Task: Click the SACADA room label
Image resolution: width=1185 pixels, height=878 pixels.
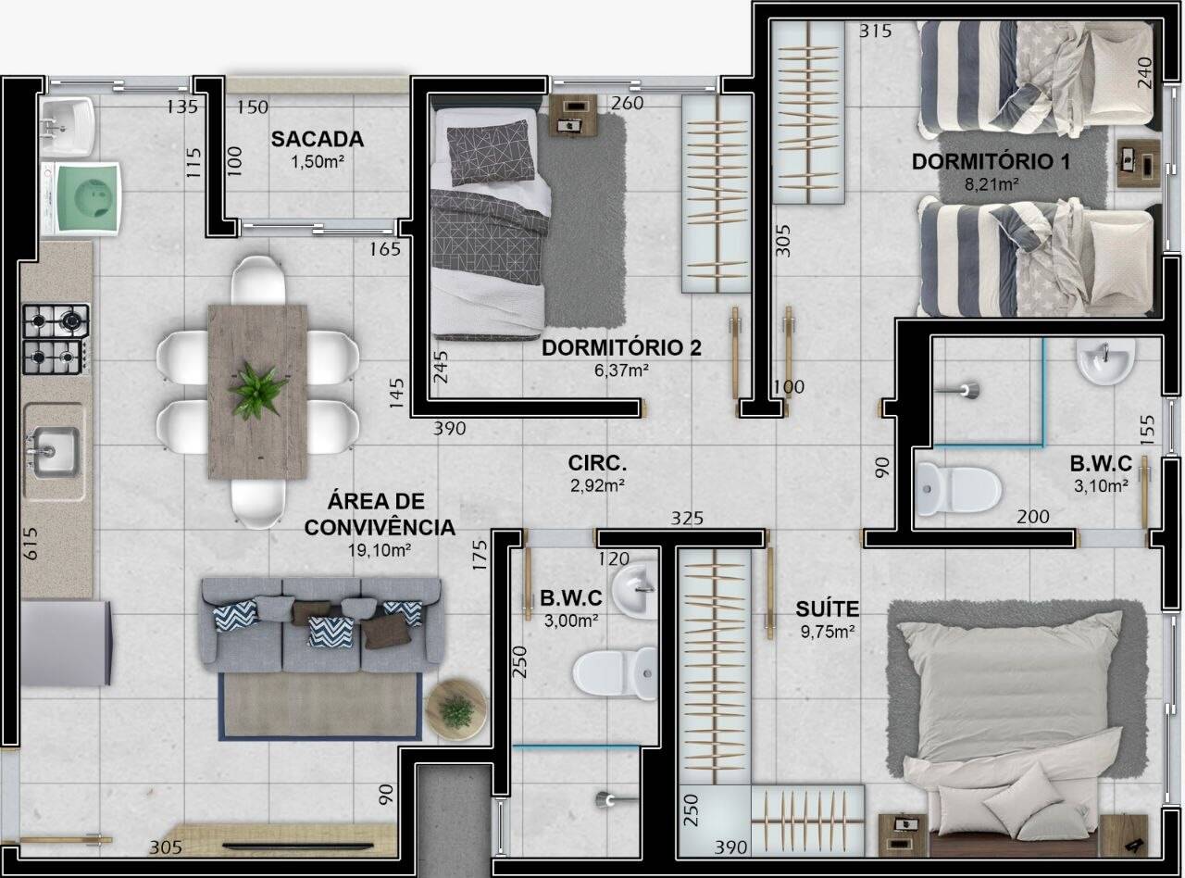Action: pos(318,139)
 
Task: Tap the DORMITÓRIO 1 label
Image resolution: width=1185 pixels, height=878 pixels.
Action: pos(992,161)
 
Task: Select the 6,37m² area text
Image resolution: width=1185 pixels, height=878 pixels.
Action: pos(621,370)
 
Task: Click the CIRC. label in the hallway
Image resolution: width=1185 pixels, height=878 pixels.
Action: pos(597,463)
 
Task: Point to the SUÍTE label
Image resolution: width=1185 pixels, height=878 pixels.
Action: pos(827,608)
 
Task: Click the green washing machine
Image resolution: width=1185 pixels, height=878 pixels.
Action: pos(82,199)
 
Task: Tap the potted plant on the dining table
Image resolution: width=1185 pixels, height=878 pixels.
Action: pos(257,390)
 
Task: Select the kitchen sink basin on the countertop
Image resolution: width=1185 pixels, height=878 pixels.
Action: pos(54,452)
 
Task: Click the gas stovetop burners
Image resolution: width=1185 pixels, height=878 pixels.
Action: pos(56,339)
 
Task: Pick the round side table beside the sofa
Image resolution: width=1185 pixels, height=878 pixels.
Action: pos(455,709)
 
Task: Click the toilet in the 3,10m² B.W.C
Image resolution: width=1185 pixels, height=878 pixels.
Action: pos(959,489)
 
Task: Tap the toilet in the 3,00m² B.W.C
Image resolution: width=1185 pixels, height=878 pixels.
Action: pos(615,673)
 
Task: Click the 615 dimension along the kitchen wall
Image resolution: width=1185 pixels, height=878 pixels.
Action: pos(31,544)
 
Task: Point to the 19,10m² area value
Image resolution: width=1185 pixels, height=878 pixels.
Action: pos(380,550)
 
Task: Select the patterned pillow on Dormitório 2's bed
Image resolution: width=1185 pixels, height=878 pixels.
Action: pos(490,153)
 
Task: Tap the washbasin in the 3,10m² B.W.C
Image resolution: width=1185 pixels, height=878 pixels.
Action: pos(1105,361)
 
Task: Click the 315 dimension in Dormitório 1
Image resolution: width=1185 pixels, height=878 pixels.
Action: pos(875,31)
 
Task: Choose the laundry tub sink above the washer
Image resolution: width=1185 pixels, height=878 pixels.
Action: pos(68,127)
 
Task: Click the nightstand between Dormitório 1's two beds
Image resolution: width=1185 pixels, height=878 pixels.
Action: pos(1140,164)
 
